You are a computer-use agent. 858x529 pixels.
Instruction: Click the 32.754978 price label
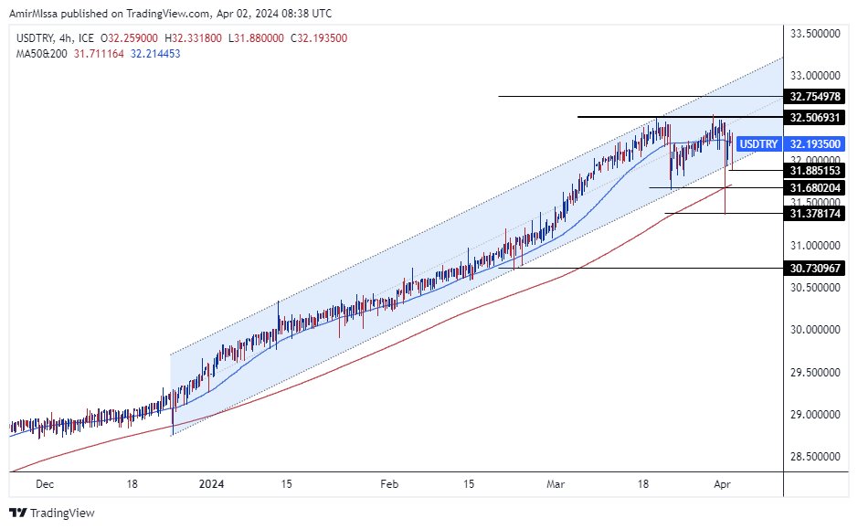tap(814, 97)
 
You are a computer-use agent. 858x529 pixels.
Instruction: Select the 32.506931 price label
tap(814, 117)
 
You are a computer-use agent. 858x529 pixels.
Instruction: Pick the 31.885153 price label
tap(814, 171)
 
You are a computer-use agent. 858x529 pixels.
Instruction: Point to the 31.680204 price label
tap(814, 188)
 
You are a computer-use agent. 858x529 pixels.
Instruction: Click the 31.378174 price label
tap(814, 214)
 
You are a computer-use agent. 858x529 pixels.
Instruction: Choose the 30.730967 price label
tap(814, 268)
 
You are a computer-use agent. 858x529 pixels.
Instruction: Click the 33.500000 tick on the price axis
tap(814, 33)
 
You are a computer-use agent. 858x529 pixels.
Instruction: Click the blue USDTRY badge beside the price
tap(758, 144)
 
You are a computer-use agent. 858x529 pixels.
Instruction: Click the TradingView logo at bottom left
tap(52, 513)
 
